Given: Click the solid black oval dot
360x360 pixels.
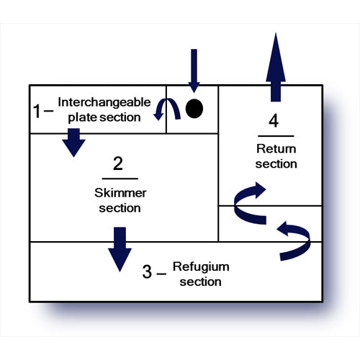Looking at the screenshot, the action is tap(194, 109).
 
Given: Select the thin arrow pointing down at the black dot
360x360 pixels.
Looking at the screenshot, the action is tap(194, 71).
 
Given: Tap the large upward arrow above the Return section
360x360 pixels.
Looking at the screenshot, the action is tap(276, 67).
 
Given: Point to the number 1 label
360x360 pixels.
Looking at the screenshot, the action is tap(37, 111).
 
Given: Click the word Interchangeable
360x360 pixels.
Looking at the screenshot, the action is tap(104, 102).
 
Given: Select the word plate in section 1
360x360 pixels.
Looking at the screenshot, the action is tap(82, 117).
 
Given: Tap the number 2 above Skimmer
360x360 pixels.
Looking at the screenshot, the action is tap(118, 163).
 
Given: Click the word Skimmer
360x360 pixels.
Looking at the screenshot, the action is tap(120, 193).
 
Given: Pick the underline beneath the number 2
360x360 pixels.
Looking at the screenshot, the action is tap(120, 179).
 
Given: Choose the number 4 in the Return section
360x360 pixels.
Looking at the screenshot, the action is tap(274, 121).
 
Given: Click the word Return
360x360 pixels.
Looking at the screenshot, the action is tap(276, 149).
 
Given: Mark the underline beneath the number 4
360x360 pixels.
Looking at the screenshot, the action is tap(276, 136).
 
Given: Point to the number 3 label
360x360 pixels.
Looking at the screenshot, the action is tap(147, 271).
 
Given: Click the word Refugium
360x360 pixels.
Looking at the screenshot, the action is tap(201, 267).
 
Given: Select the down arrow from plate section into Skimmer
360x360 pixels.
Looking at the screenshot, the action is tap(73, 143).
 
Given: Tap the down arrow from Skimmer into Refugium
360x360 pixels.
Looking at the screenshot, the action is tap(120, 249).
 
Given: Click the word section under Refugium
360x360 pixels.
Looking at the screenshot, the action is tap(200, 282).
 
